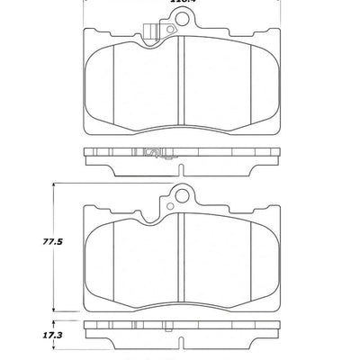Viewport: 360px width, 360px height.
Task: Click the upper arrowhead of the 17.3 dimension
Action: [56, 322]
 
